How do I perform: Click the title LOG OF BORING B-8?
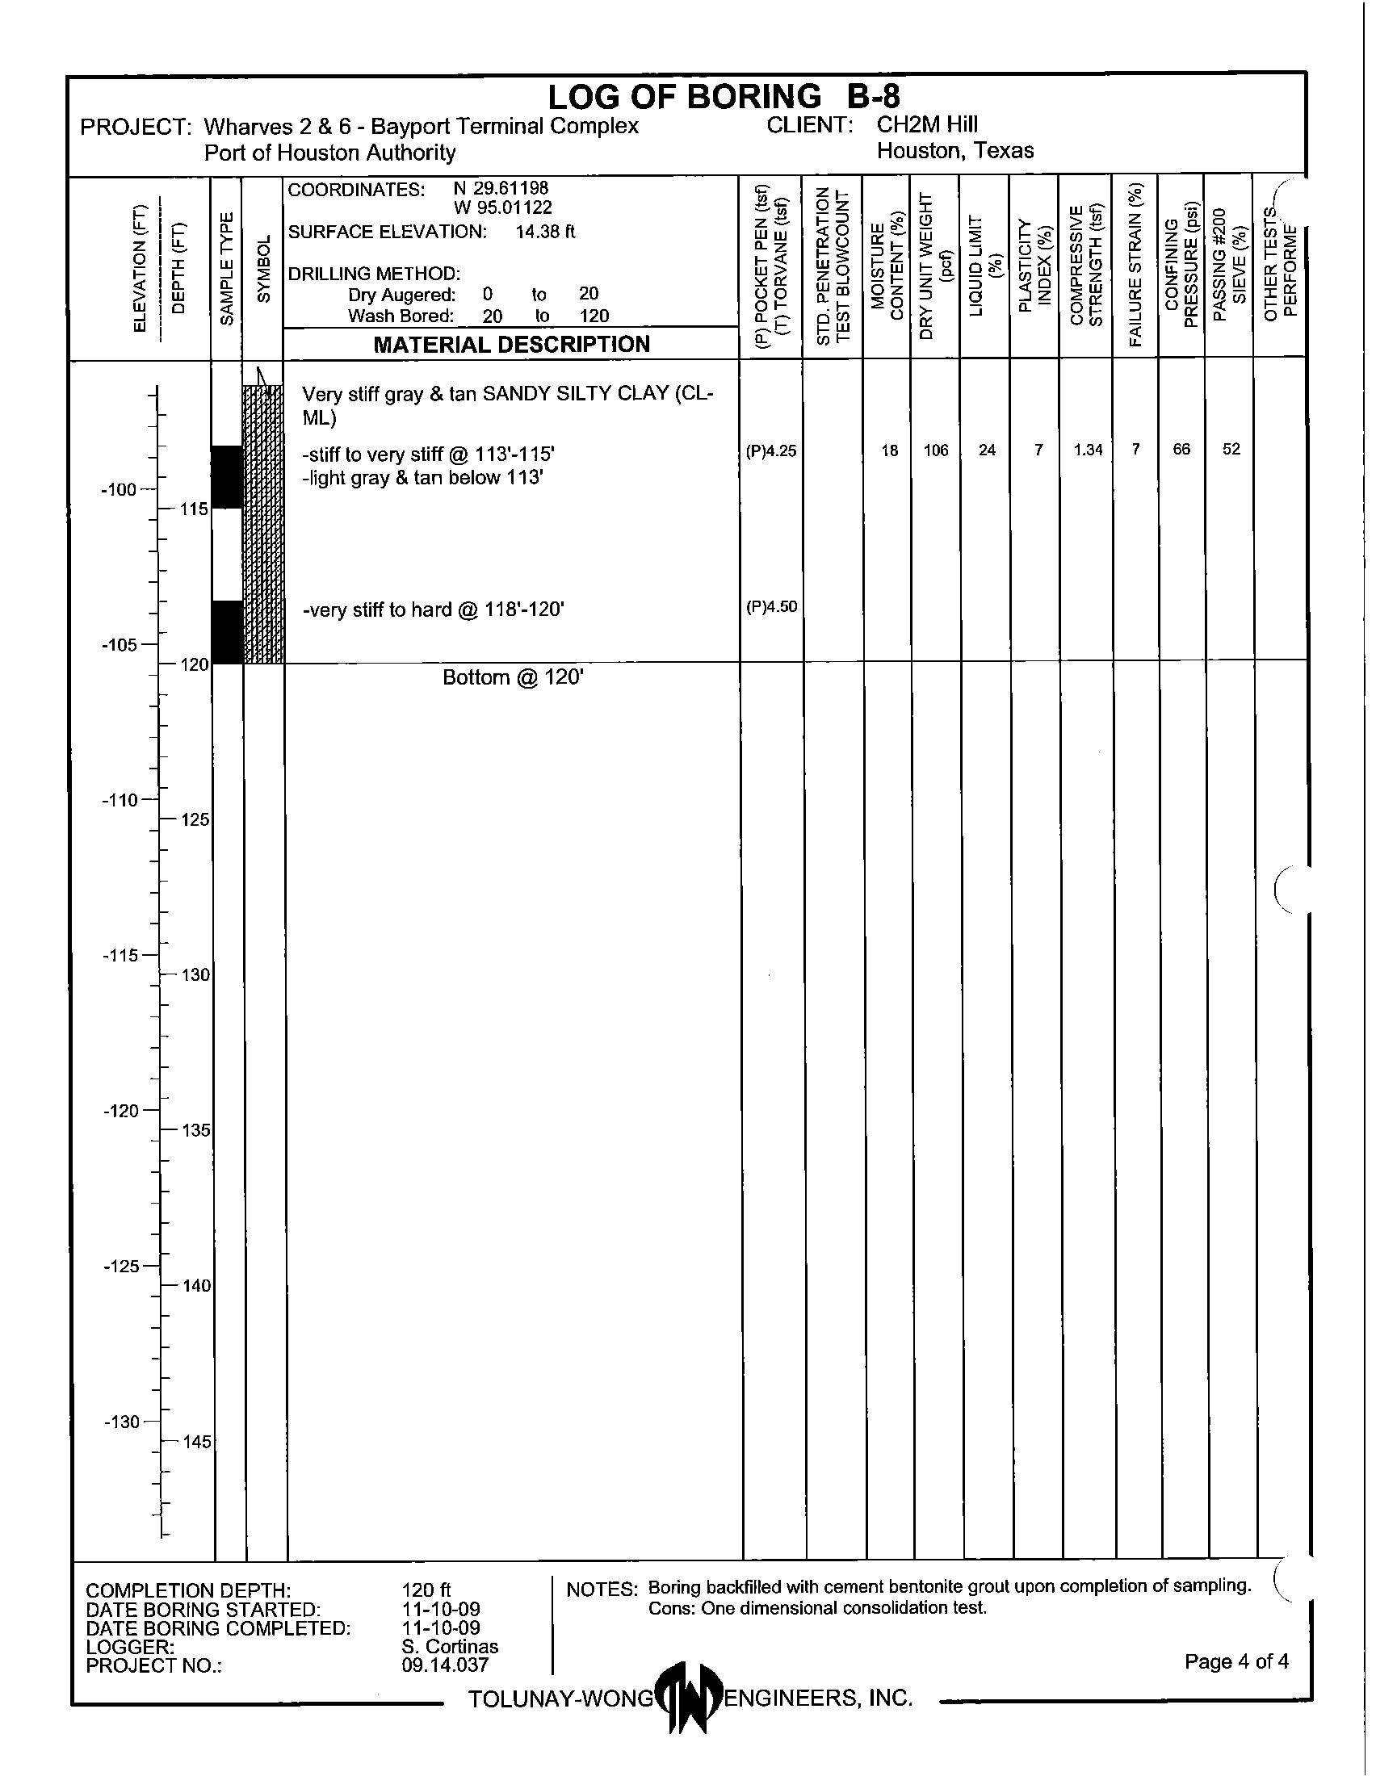pyautogui.click(x=723, y=97)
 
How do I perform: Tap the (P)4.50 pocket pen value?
pyautogui.click(x=771, y=606)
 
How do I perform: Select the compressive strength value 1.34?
pyautogui.click(x=1087, y=450)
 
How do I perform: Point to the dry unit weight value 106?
pyautogui.click(x=936, y=450)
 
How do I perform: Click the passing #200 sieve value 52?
pyautogui.click(x=1231, y=449)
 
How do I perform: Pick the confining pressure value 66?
pyautogui.click(x=1181, y=449)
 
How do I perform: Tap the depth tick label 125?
pyautogui.click(x=195, y=819)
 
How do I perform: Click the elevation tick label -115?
pyautogui.click(x=120, y=956)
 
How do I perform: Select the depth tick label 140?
pyautogui.click(x=195, y=1286)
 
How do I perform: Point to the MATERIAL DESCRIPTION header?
pyautogui.click(x=511, y=345)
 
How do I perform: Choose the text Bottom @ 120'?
pyautogui.click(x=513, y=677)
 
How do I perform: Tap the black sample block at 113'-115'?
pyautogui.click(x=227, y=476)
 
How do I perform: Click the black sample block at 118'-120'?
pyautogui.click(x=227, y=632)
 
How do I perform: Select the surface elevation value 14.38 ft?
pyautogui.click(x=545, y=232)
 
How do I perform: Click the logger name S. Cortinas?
pyautogui.click(x=450, y=1647)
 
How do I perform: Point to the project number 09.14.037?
pyautogui.click(x=445, y=1665)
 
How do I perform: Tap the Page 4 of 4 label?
pyautogui.click(x=1236, y=1661)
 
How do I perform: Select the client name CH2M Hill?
pyautogui.click(x=927, y=124)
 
